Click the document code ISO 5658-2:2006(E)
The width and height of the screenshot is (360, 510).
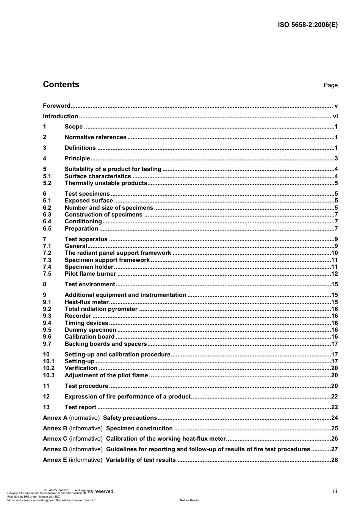click(308, 25)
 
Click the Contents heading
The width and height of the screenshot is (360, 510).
click(61, 85)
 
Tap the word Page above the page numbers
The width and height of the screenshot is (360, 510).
click(330, 85)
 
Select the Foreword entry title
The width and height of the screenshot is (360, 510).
click(56, 106)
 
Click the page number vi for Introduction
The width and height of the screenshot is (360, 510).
click(335, 116)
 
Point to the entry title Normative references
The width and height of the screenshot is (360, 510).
click(95, 137)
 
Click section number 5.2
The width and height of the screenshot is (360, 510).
click(47, 183)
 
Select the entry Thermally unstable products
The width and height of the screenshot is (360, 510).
click(106, 183)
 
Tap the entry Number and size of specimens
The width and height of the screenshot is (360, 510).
click(109, 208)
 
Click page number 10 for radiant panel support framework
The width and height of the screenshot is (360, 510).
click(334, 253)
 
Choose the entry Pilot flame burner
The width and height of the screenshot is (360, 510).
click(90, 274)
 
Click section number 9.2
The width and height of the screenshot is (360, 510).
click(47, 309)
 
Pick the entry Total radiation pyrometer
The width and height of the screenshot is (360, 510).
click(101, 309)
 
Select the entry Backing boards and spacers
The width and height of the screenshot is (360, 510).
click(106, 344)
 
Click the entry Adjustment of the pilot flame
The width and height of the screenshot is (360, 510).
click(106, 375)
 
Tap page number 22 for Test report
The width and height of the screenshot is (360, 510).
click(334, 407)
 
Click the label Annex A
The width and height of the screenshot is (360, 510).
click(55, 418)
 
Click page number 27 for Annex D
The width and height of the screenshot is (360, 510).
click(334, 449)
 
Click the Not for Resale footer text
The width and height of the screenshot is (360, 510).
click(189, 500)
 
